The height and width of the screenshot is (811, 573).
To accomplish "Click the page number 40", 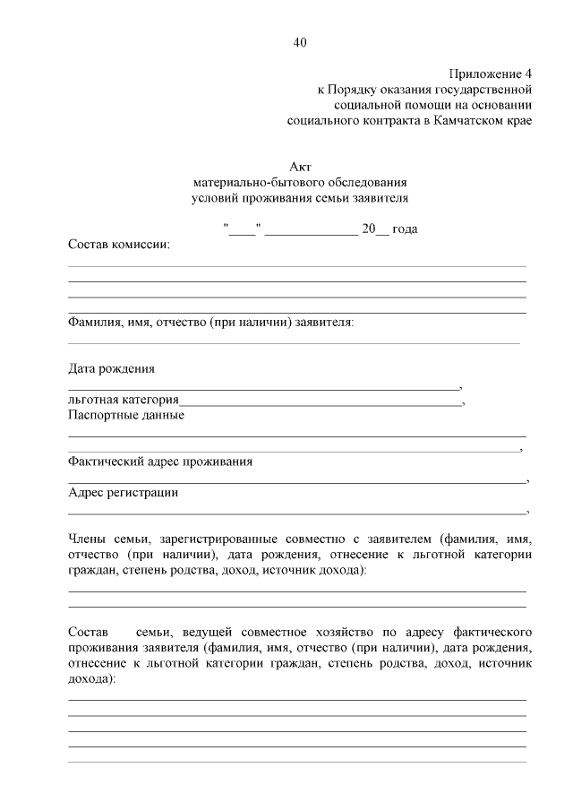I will click(300, 41).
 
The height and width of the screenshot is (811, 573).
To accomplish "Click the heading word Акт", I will click(300, 167).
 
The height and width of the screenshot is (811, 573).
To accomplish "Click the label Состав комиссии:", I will click(118, 244).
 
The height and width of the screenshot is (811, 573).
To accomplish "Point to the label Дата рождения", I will click(111, 367).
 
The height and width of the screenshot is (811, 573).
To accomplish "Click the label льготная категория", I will click(124, 399).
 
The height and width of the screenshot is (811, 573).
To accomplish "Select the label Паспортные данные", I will click(126, 414).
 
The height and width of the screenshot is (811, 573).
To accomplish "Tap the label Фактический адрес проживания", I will click(160, 462).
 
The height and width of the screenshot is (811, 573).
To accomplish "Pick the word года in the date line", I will click(405, 229).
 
